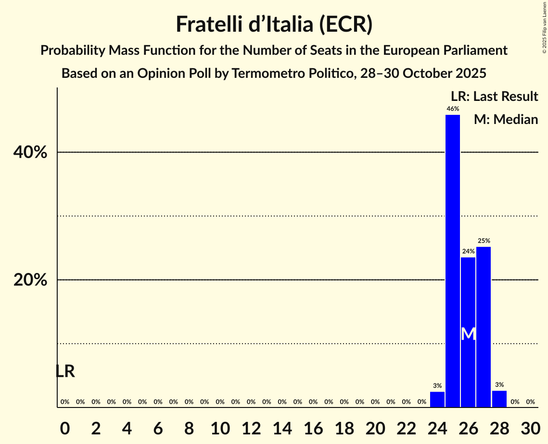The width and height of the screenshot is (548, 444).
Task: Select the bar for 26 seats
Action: (x=468, y=332)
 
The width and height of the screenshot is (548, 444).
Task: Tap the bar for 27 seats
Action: (x=484, y=327)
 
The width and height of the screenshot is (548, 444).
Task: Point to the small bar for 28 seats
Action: (x=499, y=399)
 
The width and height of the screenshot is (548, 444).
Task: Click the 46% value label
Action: (x=452, y=109)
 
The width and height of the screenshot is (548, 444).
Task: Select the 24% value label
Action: (x=468, y=251)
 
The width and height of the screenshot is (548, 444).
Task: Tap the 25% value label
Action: (x=484, y=241)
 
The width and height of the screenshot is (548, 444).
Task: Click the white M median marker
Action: (x=468, y=334)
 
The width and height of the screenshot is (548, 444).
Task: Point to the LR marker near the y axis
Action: (x=65, y=371)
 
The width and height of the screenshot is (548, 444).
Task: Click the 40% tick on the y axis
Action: (x=30, y=153)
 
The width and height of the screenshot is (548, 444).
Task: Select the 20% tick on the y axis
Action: (x=30, y=280)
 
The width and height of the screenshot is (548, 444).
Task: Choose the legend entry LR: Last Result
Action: (x=494, y=97)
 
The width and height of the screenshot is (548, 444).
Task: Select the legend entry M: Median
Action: (x=505, y=120)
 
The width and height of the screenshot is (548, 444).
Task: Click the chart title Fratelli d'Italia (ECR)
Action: (x=274, y=25)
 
